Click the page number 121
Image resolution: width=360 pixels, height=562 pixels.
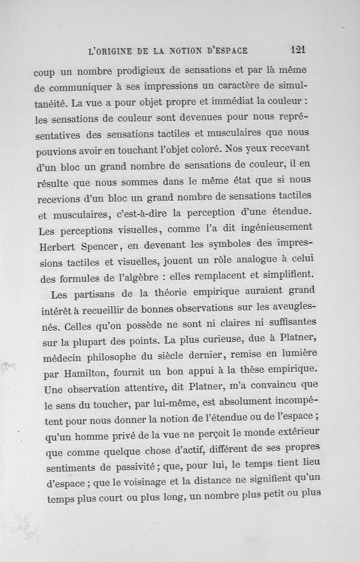point(298,49)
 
